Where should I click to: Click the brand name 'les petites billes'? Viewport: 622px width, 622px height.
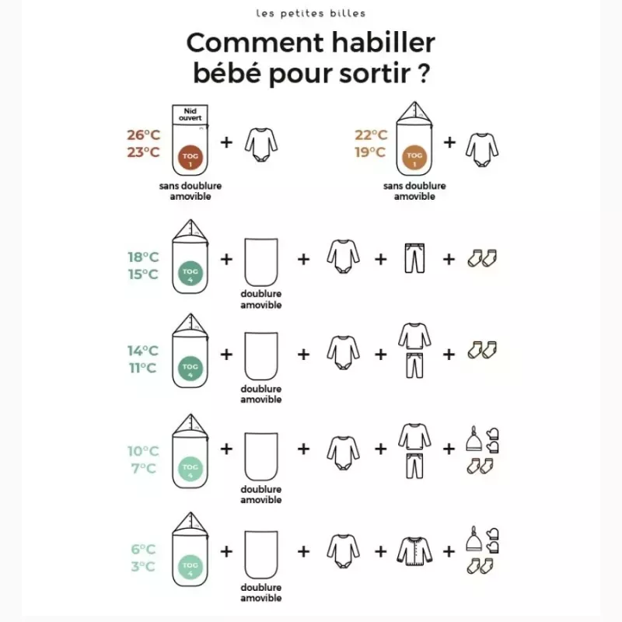pos(310,13)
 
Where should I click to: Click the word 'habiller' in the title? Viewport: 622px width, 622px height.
pos(383,43)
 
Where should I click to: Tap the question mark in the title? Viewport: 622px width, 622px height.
pos(424,73)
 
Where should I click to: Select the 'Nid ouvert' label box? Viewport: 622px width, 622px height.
pos(190,114)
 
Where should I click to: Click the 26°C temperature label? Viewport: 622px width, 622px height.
pos(144,135)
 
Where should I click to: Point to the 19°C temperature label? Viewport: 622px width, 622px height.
pos(370,152)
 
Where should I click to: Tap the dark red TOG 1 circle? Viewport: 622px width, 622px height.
pos(190,158)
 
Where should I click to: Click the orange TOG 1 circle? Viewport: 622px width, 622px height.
pos(414,158)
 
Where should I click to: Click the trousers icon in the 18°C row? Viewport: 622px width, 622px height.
pos(414,258)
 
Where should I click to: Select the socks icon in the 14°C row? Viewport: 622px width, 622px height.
pos(482,350)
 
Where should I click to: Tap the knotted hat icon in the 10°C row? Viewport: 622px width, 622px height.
pos(474,439)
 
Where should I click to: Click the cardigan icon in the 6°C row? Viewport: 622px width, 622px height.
pos(414,551)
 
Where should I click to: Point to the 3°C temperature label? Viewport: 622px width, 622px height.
pos(143,566)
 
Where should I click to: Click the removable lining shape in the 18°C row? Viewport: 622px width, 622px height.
pos(261,262)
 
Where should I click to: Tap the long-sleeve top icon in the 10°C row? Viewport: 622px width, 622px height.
pos(414,436)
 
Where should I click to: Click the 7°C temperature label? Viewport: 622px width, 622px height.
pos(144,469)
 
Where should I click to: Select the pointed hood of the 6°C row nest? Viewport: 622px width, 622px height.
pos(190,523)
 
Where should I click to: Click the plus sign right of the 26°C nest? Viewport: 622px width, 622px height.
pos(226,142)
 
